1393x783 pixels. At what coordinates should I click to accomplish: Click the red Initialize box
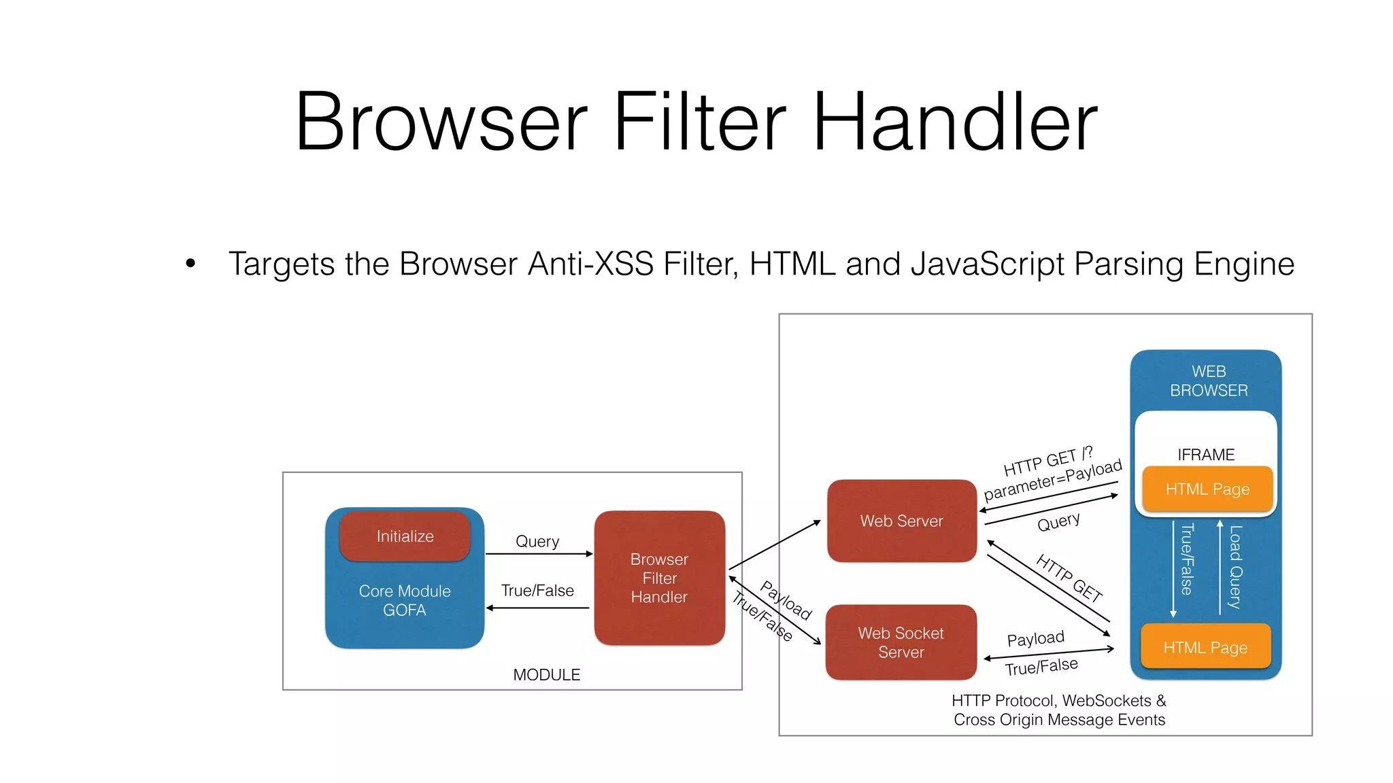click(405, 536)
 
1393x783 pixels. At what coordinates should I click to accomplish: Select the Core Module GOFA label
click(405, 601)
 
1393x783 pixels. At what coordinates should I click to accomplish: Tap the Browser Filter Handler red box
click(659, 578)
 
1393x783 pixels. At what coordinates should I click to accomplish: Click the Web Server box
click(901, 521)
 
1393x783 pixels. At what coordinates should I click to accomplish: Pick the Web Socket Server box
click(901, 642)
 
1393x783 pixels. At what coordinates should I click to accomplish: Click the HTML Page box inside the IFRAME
click(1207, 489)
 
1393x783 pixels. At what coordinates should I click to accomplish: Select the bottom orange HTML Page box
click(1205, 648)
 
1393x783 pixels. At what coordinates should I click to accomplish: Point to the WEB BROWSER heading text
click(1209, 381)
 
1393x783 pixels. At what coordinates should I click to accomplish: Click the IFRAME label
click(1206, 455)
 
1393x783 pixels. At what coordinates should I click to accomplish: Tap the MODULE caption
click(546, 675)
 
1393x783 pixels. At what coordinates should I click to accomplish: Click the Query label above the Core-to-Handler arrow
click(537, 542)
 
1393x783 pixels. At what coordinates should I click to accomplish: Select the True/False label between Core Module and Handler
click(537, 591)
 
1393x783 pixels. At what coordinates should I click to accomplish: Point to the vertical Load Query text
click(1236, 567)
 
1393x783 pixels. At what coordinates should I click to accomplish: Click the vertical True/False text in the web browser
click(1187, 559)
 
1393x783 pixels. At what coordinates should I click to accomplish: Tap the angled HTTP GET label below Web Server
click(1069, 578)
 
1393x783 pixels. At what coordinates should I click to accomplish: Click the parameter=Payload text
click(1053, 480)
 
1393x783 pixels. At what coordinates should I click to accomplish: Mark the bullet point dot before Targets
click(190, 264)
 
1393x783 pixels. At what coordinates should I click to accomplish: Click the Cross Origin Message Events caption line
click(1059, 720)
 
